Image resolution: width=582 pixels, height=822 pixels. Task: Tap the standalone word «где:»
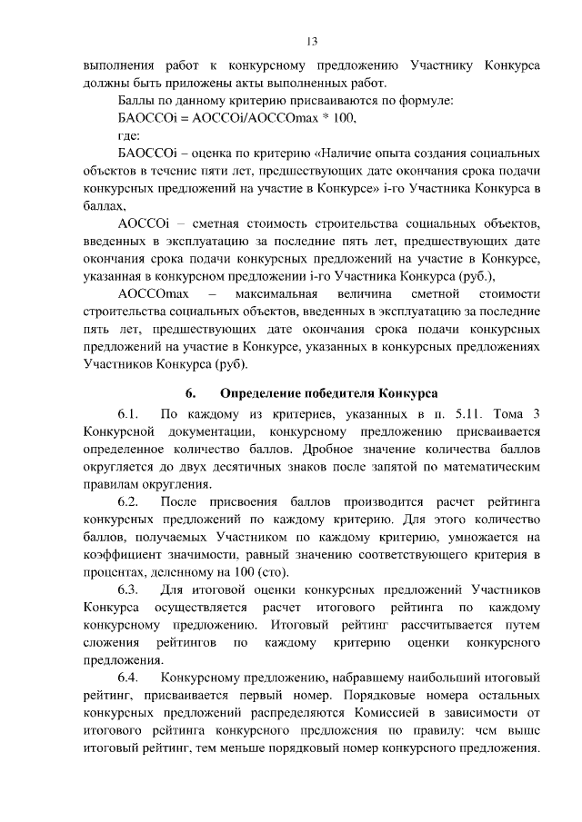[134, 135]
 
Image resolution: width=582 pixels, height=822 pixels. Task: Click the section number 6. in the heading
[190, 393]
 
